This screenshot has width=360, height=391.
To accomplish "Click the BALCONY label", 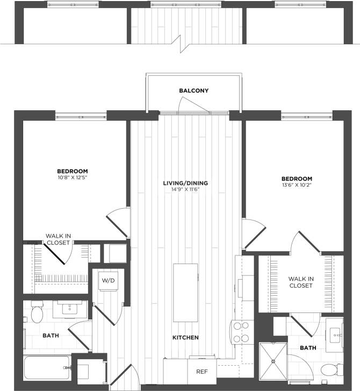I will point(193,91).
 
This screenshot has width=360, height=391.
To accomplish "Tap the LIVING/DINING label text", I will point(185,183).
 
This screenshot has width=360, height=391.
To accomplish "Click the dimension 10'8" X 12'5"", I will point(73,177).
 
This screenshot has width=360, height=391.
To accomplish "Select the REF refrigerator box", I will point(201,371).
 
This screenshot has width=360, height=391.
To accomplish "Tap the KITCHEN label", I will point(186,338).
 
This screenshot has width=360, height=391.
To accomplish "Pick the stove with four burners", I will point(239,331).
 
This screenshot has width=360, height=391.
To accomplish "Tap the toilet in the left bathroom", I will point(37,314).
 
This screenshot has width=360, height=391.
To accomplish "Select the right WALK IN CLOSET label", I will point(300,282).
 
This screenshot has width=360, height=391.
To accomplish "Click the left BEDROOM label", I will point(73,170).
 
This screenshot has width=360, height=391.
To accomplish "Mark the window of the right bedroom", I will point(306,115).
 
